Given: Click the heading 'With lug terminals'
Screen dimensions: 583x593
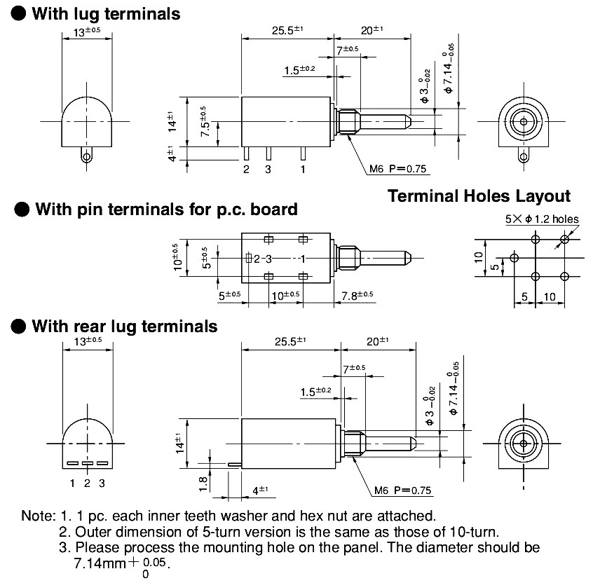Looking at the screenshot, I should [x=106, y=13].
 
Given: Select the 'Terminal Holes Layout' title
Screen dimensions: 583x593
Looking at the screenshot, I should [x=479, y=196].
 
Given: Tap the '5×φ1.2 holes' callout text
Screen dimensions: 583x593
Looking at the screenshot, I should [x=542, y=219].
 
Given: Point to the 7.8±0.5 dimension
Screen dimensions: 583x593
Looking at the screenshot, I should [x=357, y=296].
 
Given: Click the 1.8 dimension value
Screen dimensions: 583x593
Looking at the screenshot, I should [x=202, y=483].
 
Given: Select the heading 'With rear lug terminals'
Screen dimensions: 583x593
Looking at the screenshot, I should [x=125, y=326].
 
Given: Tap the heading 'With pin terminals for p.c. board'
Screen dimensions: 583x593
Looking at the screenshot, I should [x=166, y=209].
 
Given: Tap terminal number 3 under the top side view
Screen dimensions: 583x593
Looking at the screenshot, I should [x=268, y=169].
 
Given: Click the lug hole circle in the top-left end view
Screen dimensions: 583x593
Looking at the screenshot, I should [x=86, y=156].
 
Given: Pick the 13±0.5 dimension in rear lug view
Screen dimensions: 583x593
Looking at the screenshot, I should [x=87, y=341].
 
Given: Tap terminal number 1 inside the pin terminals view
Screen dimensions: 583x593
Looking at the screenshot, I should [x=302, y=259].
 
